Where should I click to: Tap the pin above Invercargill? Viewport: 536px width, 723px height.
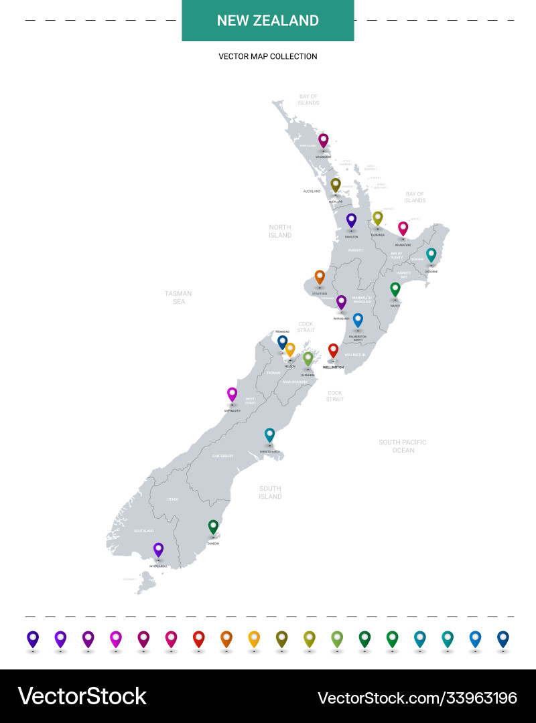pyautogui.click(x=158, y=550)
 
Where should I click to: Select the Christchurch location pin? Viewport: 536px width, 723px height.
pyautogui.click(x=269, y=435)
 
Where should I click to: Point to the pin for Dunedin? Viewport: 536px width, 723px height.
pyautogui.click(x=213, y=527)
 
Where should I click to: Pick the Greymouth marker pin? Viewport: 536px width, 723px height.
pyautogui.click(x=232, y=394)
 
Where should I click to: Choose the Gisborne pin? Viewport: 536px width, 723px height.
pyautogui.click(x=431, y=255)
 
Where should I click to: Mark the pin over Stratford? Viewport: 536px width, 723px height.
pyautogui.click(x=320, y=276)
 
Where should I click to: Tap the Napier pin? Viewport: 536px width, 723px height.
pyautogui.click(x=395, y=289)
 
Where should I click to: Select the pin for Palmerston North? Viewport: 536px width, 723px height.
pyautogui.click(x=358, y=320)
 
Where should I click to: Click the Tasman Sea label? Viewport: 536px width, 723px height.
pyautogui.click(x=178, y=297)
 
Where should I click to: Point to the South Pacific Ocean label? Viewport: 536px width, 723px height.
pyautogui.click(x=403, y=447)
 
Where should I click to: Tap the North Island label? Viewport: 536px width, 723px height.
pyautogui.click(x=280, y=231)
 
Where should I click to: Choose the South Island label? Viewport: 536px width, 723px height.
pyautogui.click(x=270, y=493)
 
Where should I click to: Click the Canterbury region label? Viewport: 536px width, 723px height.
pyautogui.click(x=222, y=456)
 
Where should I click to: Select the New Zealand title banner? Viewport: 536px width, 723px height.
pyautogui.click(x=268, y=21)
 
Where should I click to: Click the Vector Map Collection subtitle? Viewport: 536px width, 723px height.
pyautogui.click(x=268, y=57)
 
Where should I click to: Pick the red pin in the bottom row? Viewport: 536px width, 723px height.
pyautogui.click(x=198, y=639)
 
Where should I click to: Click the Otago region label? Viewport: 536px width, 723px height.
pyautogui.click(x=173, y=499)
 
